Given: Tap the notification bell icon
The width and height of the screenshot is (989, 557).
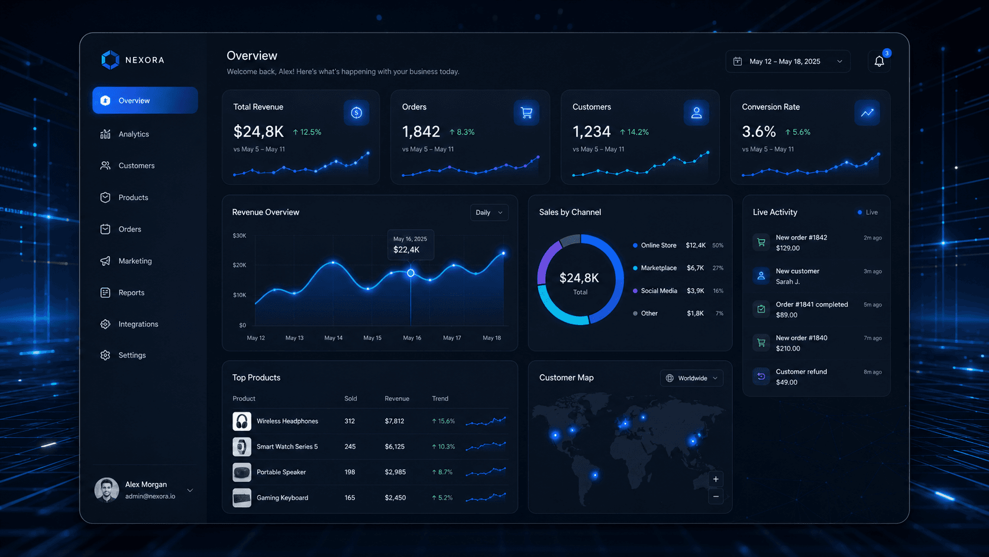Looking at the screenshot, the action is [879, 62].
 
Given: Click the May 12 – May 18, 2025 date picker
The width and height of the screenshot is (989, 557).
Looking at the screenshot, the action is [788, 62].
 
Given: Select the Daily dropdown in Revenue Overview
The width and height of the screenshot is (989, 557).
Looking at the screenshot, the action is [489, 213].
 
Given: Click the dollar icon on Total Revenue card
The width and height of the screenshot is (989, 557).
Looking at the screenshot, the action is [356, 112].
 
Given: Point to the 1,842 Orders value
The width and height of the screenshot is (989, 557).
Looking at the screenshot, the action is [421, 131].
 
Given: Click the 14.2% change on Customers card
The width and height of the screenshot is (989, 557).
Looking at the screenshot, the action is [634, 132].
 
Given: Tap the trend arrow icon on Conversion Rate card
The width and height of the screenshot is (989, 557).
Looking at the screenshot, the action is [867, 112].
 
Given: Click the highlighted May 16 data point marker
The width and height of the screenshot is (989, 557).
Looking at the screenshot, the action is [411, 273].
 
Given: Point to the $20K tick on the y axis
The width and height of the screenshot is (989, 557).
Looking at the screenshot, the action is [240, 265].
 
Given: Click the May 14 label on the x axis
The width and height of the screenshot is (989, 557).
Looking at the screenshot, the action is [334, 338].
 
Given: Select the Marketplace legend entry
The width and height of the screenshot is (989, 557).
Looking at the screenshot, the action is [658, 268].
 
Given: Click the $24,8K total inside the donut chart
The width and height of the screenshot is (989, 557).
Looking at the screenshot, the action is [579, 278].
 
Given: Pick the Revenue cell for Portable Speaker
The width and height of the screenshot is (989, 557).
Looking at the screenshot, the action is [395, 472].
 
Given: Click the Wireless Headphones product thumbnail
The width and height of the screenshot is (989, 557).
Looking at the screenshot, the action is [242, 421].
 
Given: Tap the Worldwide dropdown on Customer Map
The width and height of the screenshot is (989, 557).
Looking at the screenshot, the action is [691, 378].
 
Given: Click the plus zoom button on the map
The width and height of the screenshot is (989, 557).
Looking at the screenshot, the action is [716, 479].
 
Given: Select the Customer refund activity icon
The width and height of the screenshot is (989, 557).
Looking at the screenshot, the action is [761, 376].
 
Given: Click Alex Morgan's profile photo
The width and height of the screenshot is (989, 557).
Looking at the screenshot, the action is [106, 490].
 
